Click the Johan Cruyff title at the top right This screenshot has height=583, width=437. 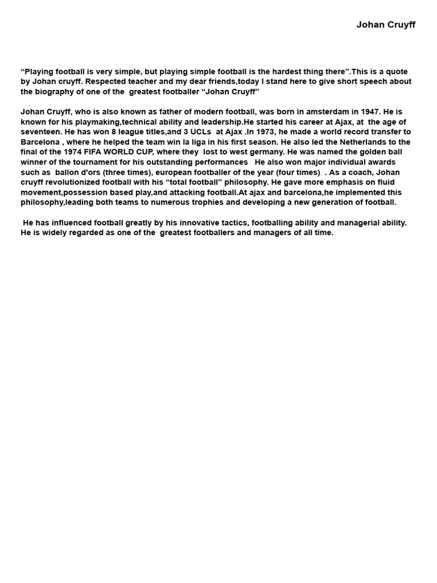point(386,24)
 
